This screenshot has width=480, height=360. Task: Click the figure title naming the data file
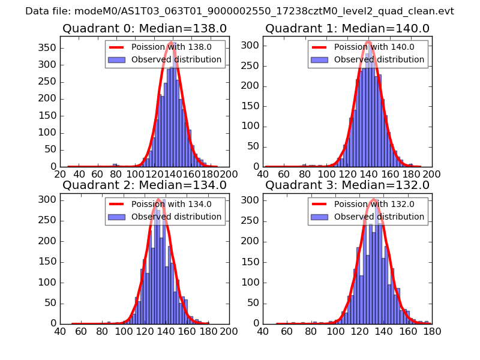click(x=239, y=11)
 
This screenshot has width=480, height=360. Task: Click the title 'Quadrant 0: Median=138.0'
click(x=144, y=29)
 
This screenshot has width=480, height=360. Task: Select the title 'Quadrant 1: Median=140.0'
click(x=347, y=29)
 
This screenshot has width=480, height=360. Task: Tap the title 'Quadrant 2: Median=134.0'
click(x=144, y=185)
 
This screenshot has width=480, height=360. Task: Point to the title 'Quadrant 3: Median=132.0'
click(x=347, y=185)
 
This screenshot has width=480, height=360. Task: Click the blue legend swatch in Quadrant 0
click(x=116, y=60)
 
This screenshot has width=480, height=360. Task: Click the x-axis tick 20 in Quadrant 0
click(x=60, y=175)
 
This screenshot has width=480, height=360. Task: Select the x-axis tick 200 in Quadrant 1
click(x=431, y=175)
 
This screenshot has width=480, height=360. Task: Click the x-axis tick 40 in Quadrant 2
click(x=60, y=331)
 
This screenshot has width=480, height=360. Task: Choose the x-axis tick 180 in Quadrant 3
click(x=431, y=331)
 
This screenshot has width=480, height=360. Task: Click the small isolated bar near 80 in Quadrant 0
click(x=115, y=165)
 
